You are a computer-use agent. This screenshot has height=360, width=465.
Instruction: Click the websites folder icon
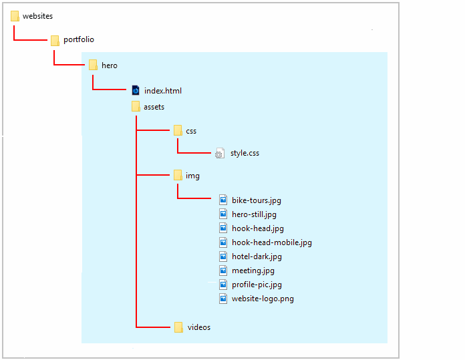click(15, 15)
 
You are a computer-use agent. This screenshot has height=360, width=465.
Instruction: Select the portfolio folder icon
click(55, 40)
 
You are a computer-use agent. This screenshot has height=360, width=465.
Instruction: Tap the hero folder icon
click(93, 65)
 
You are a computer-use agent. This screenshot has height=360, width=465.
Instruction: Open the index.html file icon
click(136, 90)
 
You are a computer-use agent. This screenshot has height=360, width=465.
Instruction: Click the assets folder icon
click(136, 106)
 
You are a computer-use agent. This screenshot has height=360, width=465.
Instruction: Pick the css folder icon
click(178, 130)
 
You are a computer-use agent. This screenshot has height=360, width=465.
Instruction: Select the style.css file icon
click(220, 154)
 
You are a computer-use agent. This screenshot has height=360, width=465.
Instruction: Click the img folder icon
click(178, 175)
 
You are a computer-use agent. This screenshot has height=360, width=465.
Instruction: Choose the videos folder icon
click(178, 327)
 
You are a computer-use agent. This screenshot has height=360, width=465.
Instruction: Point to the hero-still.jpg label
click(254, 214)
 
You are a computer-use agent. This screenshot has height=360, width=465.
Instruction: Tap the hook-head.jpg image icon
click(224, 228)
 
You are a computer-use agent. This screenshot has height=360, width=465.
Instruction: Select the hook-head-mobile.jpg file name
click(271, 242)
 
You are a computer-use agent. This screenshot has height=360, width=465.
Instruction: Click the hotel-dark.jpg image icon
click(224, 256)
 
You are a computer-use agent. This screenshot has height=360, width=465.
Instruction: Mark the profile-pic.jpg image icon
click(224, 284)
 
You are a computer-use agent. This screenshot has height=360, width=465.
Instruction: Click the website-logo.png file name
click(263, 299)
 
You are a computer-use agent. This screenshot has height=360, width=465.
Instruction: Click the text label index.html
click(162, 91)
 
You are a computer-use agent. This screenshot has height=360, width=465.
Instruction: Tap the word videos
click(199, 327)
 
